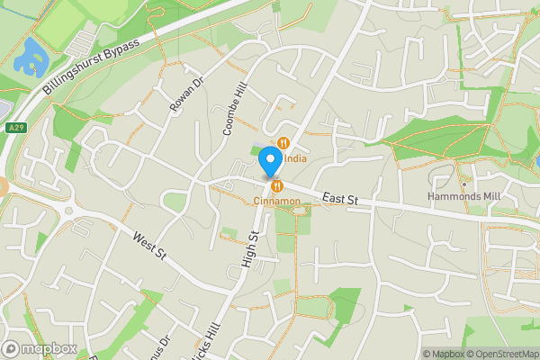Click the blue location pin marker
pyautogui.click(x=269, y=161)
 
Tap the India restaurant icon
pyautogui.click(x=283, y=142)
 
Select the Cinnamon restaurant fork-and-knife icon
pyautogui.click(x=276, y=185)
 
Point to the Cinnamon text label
pyautogui.click(x=276, y=201)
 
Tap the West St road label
pyautogui.click(x=149, y=247)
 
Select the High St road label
pyautogui.click(x=250, y=249)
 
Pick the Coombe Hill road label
pyautogui.click(x=233, y=110)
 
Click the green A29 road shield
pyautogui.click(x=14, y=129)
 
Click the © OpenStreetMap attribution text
pyautogui.click(x=501, y=354)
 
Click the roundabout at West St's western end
pyautogui.click(x=71, y=212)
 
